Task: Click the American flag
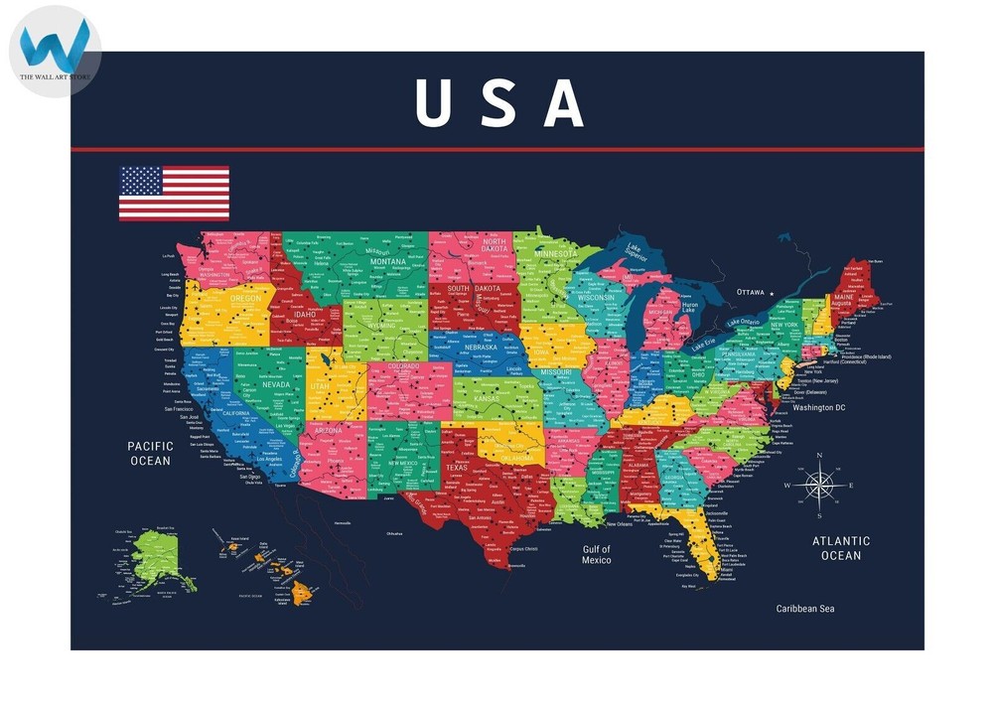pos(174,194)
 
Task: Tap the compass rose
pos(819,486)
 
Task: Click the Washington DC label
pos(819,408)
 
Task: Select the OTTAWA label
pos(751,292)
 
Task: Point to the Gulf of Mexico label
pos(597,555)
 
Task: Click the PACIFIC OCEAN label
pos(150,454)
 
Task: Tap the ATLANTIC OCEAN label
pos(840,548)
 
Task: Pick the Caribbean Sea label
pos(805,608)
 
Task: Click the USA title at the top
pos(498,101)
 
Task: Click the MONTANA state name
pos(388,261)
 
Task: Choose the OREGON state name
pos(246,298)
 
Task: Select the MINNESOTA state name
pos(555,254)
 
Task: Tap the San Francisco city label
pos(179,409)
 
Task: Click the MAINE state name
pos(843,297)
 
